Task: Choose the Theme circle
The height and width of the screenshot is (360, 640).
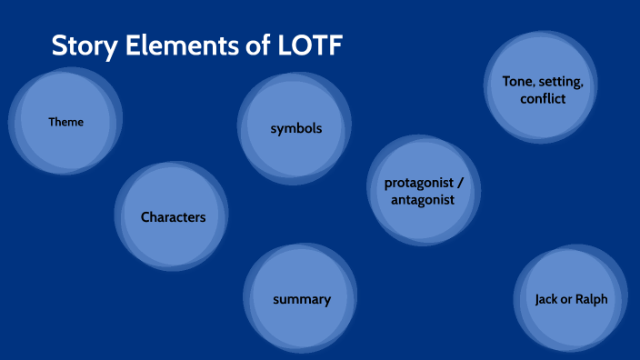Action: (x=65, y=122)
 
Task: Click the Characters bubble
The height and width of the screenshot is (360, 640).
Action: (x=173, y=217)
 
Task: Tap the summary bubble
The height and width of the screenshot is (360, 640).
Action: (x=302, y=299)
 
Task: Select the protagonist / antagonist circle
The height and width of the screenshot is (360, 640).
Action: (x=423, y=191)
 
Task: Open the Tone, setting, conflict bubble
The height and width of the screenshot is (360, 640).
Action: (x=543, y=89)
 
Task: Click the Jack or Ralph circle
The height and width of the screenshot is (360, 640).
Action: (x=571, y=299)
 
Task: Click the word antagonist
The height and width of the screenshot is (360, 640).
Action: (x=423, y=200)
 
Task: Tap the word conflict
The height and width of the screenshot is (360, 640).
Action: (x=543, y=98)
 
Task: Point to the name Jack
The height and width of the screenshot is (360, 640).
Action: (x=547, y=299)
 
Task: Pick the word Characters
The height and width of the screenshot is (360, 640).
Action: (x=173, y=217)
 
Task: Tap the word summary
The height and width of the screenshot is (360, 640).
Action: (x=302, y=299)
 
